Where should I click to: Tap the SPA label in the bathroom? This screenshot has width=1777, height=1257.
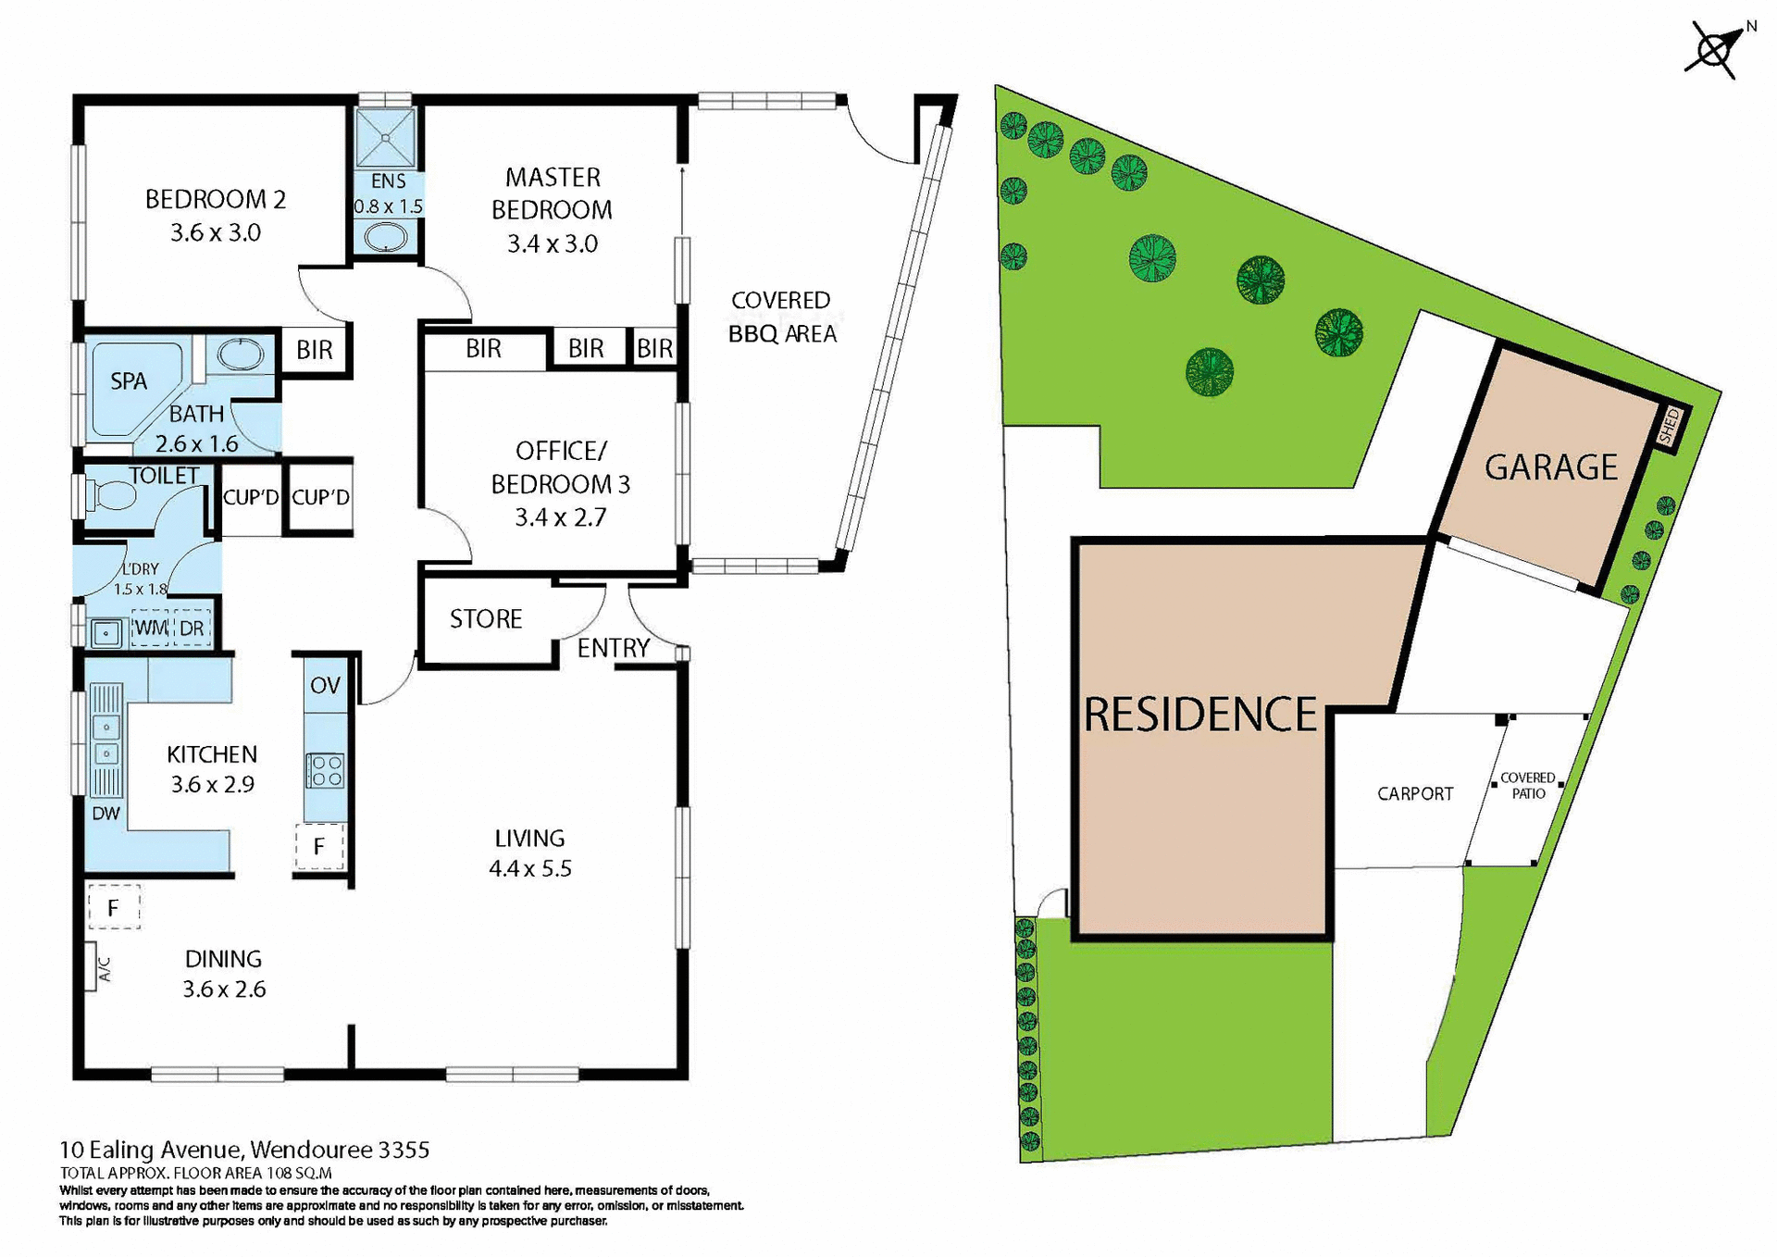pyautogui.click(x=129, y=381)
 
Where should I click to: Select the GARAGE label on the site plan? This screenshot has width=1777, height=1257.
pyautogui.click(x=1551, y=467)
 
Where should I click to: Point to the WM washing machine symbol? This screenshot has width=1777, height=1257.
pyautogui.click(x=150, y=628)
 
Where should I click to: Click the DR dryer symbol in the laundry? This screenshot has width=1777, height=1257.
pyautogui.click(x=192, y=628)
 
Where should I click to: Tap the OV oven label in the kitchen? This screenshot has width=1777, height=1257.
pyautogui.click(x=325, y=686)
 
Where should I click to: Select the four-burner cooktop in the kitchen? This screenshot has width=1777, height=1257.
pyautogui.click(x=325, y=770)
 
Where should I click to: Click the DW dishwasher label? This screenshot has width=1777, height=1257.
pyautogui.click(x=106, y=814)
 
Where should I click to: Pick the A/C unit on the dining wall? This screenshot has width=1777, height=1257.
pyautogui.click(x=92, y=967)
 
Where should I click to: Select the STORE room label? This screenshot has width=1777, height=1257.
pyautogui.click(x=486, y=619)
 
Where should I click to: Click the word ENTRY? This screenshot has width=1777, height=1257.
pyautogui.click(x=613, y=648)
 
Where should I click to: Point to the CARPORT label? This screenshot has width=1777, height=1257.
pyautogui.click(x=1414, y=794)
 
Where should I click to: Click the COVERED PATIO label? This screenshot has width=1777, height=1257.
pyautogui.click(x=1528, y=786)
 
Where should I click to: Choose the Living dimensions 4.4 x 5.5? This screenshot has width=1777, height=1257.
pyautogui.click(x=529, y=869)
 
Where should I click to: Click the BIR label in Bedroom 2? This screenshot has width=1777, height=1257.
pyautogui.click(x=315, y=351)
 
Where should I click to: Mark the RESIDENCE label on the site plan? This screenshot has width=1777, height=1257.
pyautogui.click(x=1200, y=715)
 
